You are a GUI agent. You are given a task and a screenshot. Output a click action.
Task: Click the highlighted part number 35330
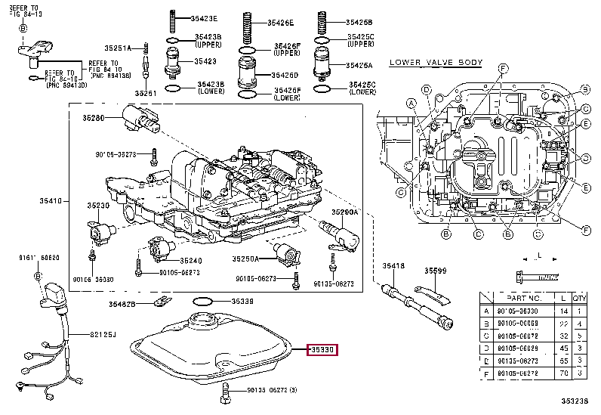tap(322, 350)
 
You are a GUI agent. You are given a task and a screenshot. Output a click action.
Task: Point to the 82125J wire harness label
tap(103, 333)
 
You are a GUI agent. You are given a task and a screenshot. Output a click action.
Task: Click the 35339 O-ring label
tap(242, 302)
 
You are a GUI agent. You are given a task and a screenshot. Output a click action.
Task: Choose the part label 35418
tap(393, 265)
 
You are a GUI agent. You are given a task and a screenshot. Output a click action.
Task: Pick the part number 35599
tap(435, 270)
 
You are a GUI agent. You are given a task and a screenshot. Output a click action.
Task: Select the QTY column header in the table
tap(579, 299)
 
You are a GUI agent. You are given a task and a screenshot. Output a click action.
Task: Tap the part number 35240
tap(190, 261)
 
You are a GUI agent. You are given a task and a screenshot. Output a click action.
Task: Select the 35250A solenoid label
tap(245, 259)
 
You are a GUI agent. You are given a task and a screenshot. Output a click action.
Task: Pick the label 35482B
tap(121, 303)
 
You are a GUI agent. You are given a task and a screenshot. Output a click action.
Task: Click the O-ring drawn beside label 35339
tap(202, 302)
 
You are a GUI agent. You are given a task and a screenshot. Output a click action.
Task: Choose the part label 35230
tap(98, 206)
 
